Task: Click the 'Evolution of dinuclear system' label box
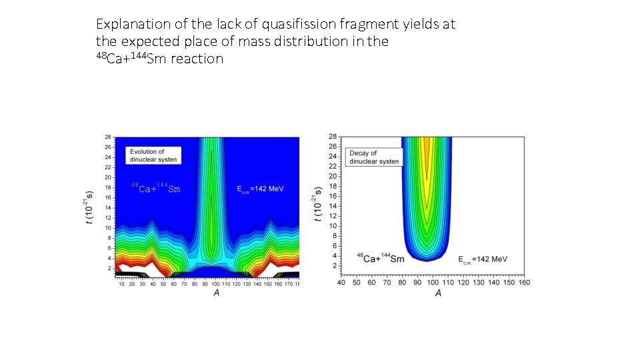(153, 155)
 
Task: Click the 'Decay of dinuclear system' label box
(374, 157)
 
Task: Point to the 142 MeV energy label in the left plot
(260, 189)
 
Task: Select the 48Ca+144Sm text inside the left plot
(155, 189)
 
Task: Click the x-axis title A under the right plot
(438, 293)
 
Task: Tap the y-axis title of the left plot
(91, 207)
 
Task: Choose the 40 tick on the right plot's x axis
(341, 283)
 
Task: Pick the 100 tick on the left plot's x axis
(215, 284)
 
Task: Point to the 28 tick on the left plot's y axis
(107, 137)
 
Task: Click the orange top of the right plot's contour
(427, 147)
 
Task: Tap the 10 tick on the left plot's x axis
(121, 284)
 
